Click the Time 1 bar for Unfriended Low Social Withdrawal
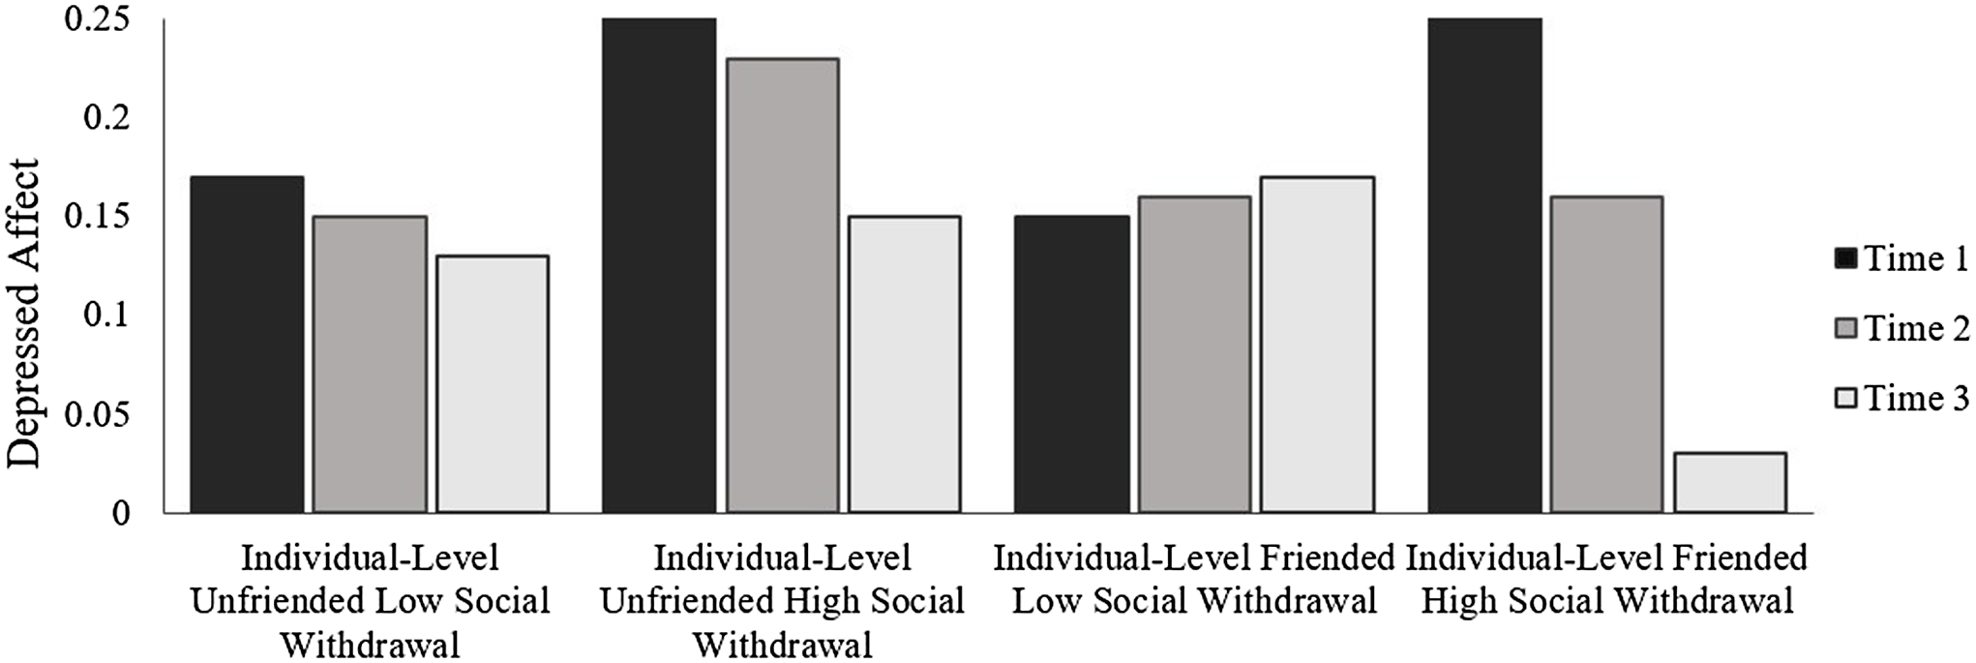[x=247, y=344]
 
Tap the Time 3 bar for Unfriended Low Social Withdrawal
[x=493, y=383]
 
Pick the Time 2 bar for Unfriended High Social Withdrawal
[x=782, y=285]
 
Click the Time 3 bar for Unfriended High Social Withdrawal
[x=905, y=364]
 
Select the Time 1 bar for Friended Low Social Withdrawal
[x=1071, y=364]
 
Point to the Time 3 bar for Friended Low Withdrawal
[x=1317, y=344]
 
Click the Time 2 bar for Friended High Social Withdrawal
[x=1606, y=354]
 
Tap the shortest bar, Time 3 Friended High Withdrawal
[x=1730, y=482]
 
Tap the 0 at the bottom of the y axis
[x=120, y=513]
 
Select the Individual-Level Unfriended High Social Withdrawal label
[x=782, y=601]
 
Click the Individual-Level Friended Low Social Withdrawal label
[x=1194, y=580]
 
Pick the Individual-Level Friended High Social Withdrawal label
[x=1606, y=580]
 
